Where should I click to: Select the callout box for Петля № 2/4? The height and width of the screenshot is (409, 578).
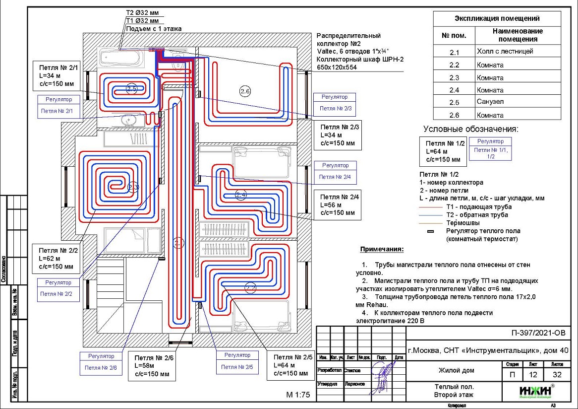(x=338, y=204)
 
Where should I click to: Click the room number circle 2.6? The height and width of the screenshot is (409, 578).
(x=245, y=91)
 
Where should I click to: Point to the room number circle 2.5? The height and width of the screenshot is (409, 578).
(x=131, y=89)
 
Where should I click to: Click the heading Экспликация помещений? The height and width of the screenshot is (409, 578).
(x=497, y=19)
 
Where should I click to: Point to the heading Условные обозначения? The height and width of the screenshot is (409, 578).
(x=470, y=129)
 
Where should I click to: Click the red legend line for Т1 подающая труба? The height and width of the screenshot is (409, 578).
(x=431, y=206)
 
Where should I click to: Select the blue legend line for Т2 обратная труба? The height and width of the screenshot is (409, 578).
(x=431, y=215)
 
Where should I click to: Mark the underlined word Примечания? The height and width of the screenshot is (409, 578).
(x=382, y=249)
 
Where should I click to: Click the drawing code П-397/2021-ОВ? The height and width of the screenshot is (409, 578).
(x=537, y=333)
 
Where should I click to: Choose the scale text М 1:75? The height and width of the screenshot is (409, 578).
(x=297, y=395)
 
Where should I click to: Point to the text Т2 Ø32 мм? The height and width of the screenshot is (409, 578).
(x=143, y=12)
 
